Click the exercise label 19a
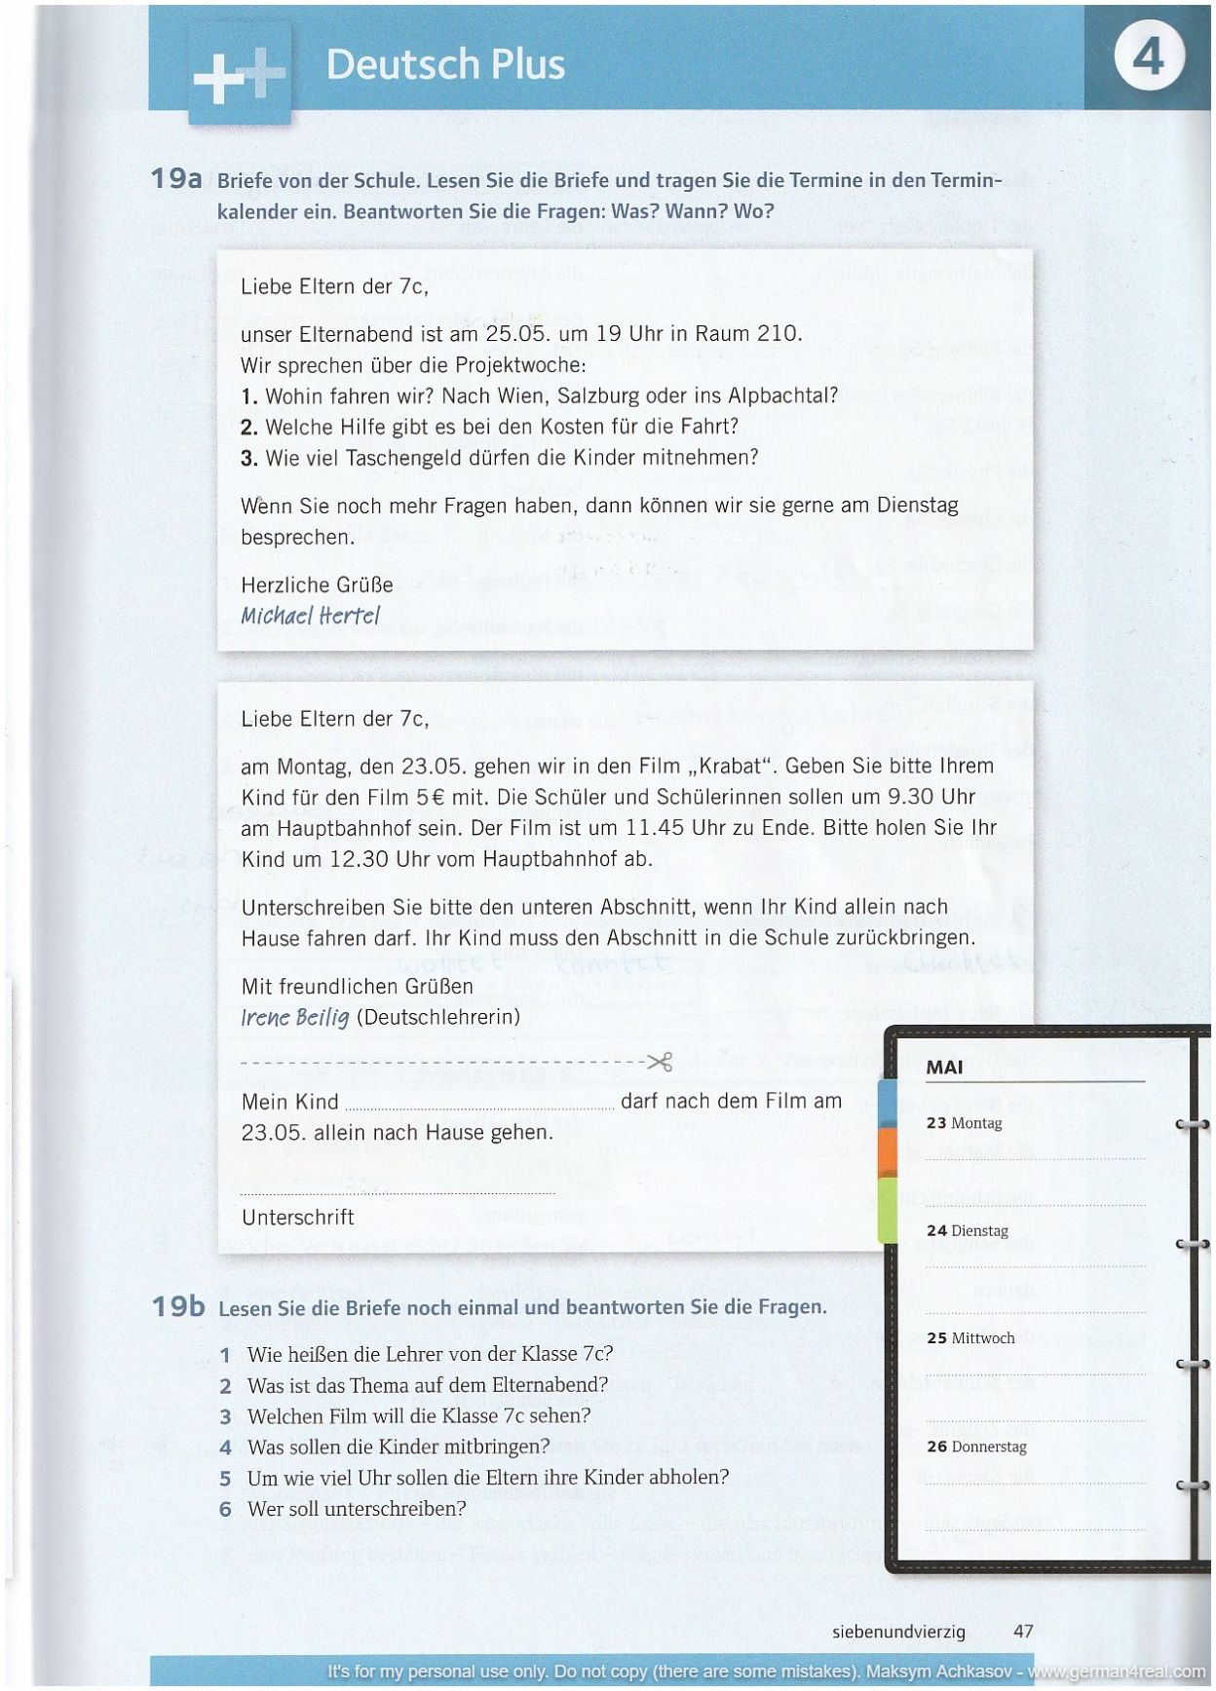tap(175, 179)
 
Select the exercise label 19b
tap(177, 1306)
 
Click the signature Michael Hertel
tap(310, 616)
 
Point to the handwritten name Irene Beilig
tap(294, 1017)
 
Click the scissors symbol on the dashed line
tap(661, 1062)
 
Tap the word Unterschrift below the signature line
tap(297, 1217)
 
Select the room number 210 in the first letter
tap(778, 333)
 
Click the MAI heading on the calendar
tap(944, 1067)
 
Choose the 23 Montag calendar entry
tap(964, 1123)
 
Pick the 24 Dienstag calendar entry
tap(967, 1230)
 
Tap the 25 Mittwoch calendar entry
tap(970, 1337)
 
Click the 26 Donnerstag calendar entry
tap(976, 1447)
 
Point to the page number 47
tap(1023, 1631)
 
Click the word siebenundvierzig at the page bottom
tap(898, 1631)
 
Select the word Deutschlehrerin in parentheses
tap(438, 1017)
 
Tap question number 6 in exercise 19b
tap(225, 1509)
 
